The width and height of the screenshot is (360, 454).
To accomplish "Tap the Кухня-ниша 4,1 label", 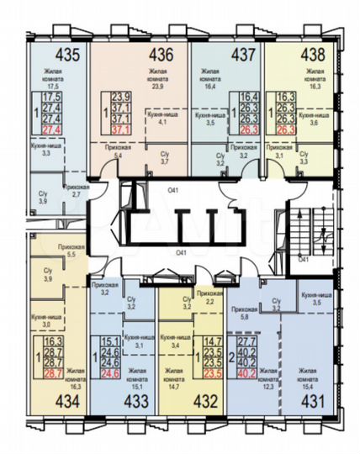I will click(x=161, y=118).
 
